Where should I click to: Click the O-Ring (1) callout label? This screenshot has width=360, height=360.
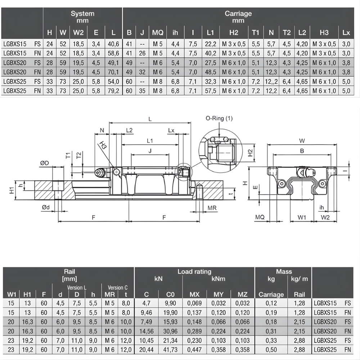tap(219, 118)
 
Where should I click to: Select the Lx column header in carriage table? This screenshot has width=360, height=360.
tap(346, 33)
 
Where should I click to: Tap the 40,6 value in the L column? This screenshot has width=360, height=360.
tap(113, 44)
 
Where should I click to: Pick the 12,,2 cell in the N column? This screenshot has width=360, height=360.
tap(271, 81)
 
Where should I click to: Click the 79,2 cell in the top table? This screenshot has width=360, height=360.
tap(113, 91)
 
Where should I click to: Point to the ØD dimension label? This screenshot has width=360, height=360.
tap(45, 163)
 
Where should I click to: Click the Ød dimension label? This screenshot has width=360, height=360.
tap(46, 207)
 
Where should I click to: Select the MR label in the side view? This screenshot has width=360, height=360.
tap(212, 208)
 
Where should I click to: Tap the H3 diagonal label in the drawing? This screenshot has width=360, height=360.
tap(103, 145)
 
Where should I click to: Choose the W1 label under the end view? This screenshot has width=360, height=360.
tap(302, 217)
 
